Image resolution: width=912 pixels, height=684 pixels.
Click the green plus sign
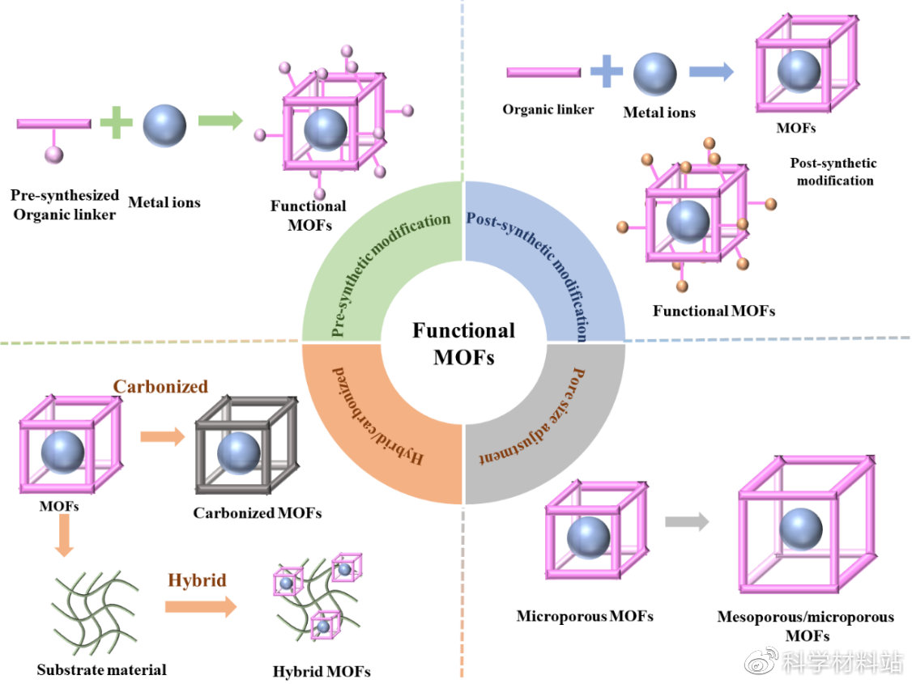click(116, 123)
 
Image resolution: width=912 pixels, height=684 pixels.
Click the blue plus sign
click(606, 71)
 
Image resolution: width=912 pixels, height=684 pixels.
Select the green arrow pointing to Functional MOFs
click(220, 122)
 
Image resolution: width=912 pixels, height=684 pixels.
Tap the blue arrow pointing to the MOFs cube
click(711, 71)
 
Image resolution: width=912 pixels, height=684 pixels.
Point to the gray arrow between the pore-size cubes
click(686, 522)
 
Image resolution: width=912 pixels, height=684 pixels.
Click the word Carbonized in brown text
click(160, 386)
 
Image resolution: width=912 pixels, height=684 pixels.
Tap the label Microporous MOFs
click(585, 616)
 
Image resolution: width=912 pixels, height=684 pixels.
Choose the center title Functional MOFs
click(463, 343)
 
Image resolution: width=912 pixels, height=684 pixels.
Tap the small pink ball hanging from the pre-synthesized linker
click(53, 154)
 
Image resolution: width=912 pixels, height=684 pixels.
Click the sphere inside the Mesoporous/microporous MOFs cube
click(801, 533)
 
